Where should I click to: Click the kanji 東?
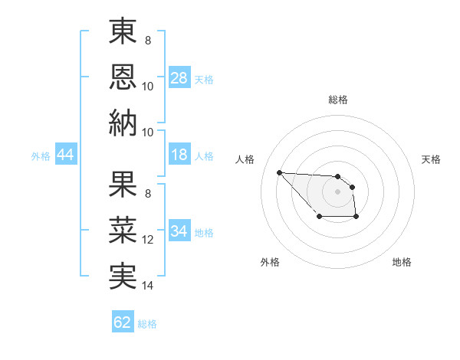click(x=123, y=32)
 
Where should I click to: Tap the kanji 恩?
click(x=123, y=77)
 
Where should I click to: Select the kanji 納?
click(x=123, y=123)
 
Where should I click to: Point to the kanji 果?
click(x=123, y=185)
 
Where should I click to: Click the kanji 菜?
click(x=123, y=230)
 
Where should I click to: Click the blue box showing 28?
click(x=179, y=78)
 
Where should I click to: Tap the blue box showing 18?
click(x=179, y=155)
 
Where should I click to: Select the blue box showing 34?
click(x=179, y=232)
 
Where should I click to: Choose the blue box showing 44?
click(x=66, y=155)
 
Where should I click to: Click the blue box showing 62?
click(x=123, y=322)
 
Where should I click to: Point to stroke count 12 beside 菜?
click(x=148, y=240)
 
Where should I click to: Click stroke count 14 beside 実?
click(x=148, y=286)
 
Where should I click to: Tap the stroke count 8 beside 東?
click(x=147, y=41)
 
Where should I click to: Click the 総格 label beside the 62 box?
click(x=147, y=324)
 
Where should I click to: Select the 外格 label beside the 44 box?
click(x=41, y=156)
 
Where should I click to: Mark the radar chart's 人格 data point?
click(x=279, y=172)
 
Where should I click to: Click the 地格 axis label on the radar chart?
click(x=402, y=262)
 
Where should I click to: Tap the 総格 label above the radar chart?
click(x=337, y=100)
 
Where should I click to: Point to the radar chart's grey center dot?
click(x=337, y=191)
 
